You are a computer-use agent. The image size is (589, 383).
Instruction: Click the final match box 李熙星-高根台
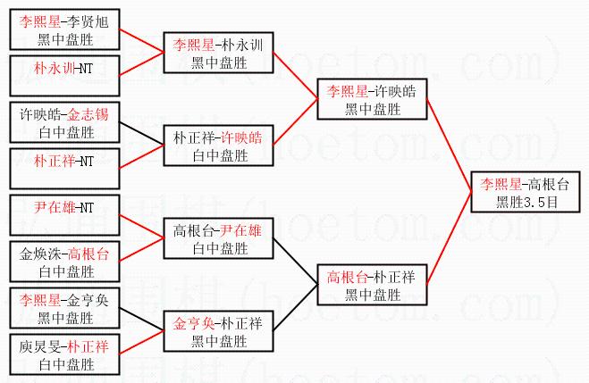[526, 192]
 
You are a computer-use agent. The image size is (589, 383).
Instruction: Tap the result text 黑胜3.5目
[526, 202]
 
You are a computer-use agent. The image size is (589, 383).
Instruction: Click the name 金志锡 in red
[88, 114]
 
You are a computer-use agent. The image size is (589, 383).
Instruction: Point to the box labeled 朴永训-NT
[64, 76]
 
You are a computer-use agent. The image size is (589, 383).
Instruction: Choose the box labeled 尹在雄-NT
[64, 215]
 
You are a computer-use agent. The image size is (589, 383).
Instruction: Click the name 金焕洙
[40, 254]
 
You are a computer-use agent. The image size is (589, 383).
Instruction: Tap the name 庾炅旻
[40, 346]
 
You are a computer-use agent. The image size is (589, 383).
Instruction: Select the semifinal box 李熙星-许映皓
[372, 99]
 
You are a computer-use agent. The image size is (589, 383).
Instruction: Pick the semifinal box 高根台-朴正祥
[372, 285]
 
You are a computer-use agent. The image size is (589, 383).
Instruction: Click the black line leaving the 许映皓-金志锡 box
[141, 133]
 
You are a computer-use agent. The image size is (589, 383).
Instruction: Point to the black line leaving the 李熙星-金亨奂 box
[141, 320]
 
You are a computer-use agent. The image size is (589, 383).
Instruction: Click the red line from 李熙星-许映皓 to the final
[449, 146]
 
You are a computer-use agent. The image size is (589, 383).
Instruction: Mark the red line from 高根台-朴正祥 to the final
[449, 238]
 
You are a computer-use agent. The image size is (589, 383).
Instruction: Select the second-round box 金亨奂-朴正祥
[218, 331]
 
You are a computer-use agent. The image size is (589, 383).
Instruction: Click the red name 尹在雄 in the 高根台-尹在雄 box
[240, 230]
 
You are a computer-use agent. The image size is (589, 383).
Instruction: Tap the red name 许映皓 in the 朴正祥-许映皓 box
[240, 137]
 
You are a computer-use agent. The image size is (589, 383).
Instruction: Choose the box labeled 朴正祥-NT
[64, 169]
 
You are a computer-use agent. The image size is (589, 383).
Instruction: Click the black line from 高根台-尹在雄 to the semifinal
[295, 261]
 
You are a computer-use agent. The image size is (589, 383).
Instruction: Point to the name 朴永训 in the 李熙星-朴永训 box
[242, 45]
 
